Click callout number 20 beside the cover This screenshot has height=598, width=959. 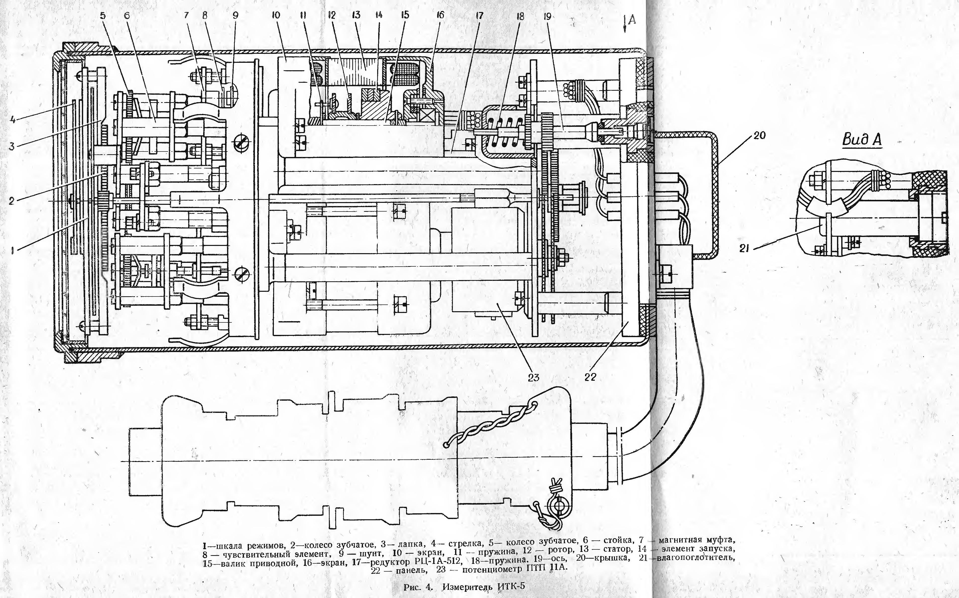click(x=759, y=136)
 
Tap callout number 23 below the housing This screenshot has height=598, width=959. click(x=534, y=377)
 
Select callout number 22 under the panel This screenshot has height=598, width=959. click(x=590, y=377)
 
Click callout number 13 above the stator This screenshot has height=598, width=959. click(x=356, y=15)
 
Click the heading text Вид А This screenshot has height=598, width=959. click(x=862, y=139)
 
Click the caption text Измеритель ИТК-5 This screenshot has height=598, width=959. click(x=484, y=586)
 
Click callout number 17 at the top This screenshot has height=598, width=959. click(x=479, y=16)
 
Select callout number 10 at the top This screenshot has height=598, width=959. click(x=276, y=15)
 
